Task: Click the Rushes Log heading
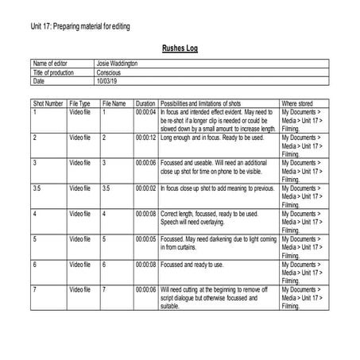[180, 48]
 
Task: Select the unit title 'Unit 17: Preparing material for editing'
[79, 27]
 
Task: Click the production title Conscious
[110, 72]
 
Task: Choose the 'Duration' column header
[145, 103]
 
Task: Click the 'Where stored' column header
[300, 103]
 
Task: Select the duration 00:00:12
[145, 137]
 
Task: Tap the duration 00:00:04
[145, 112]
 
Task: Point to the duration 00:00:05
[145, 238]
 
